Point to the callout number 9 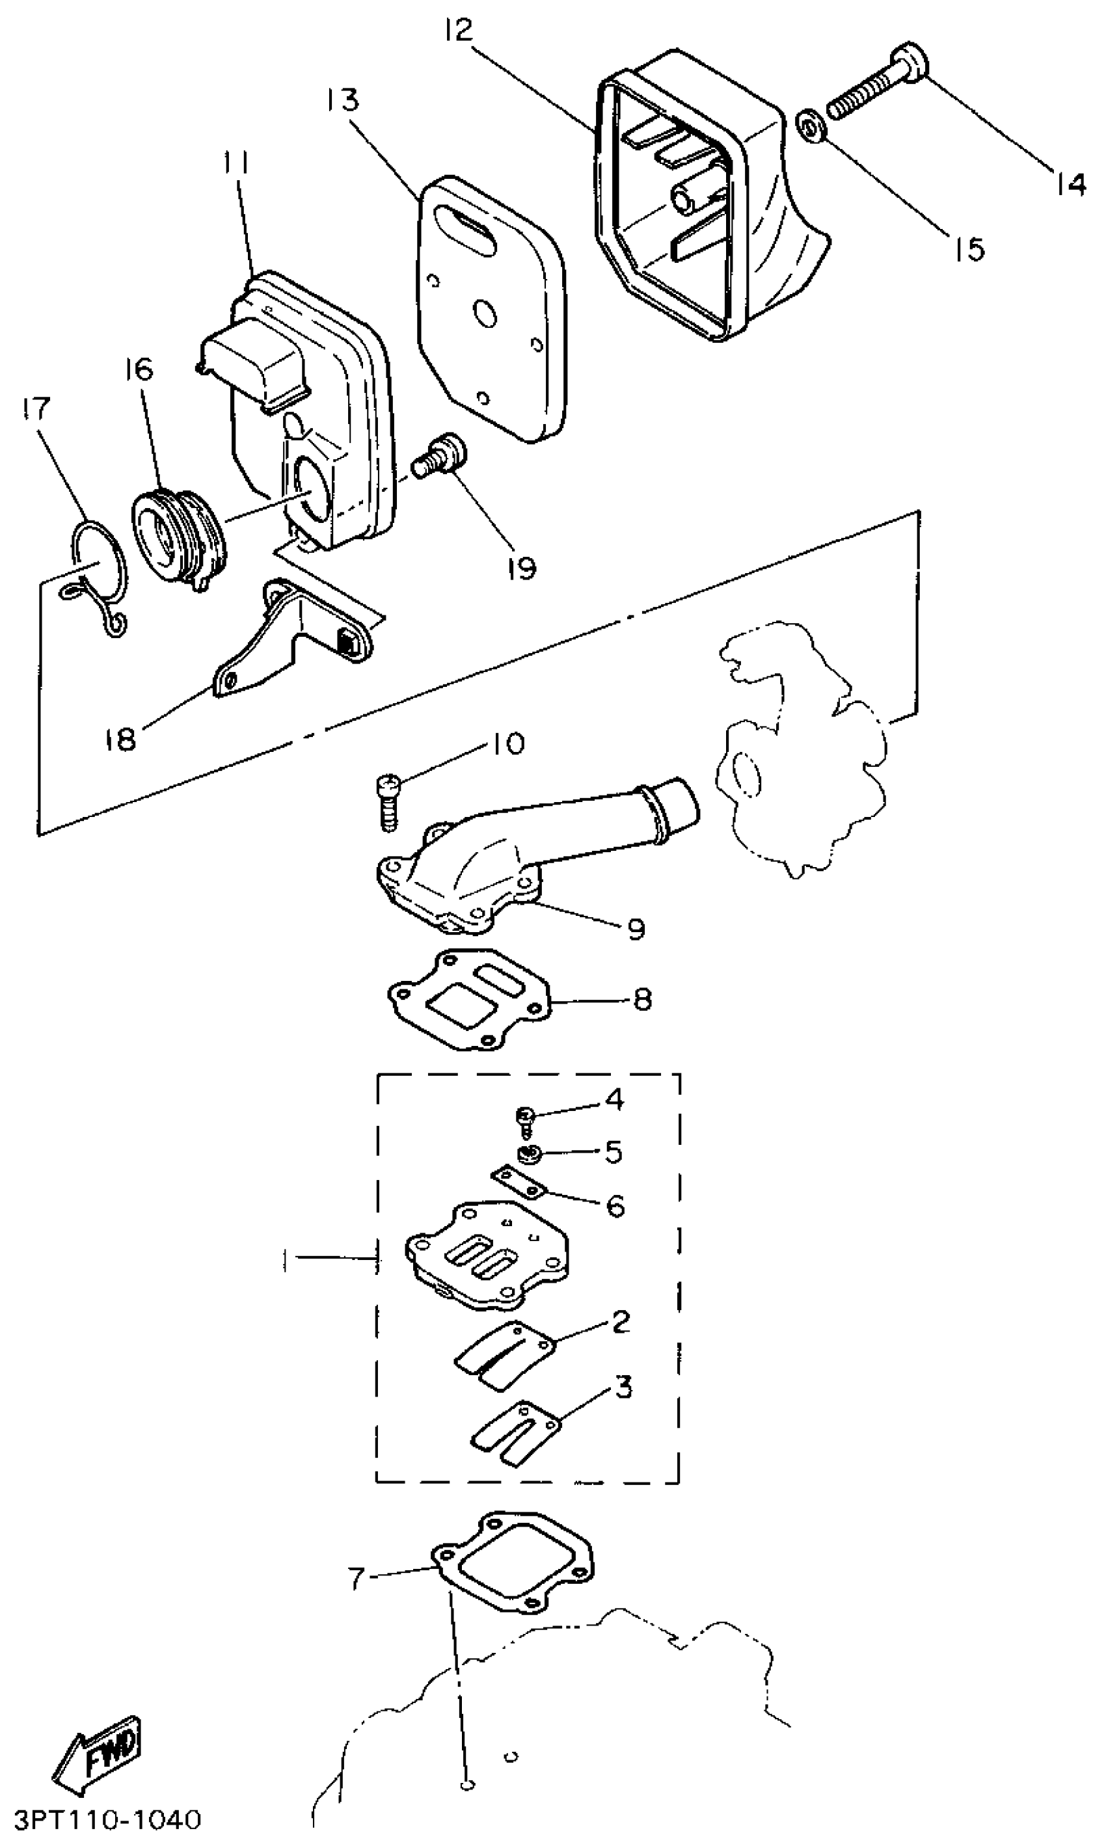pos(636,930)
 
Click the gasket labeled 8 pos(470,998)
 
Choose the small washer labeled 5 pos(530,1157)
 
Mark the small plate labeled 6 pos(519,1184)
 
